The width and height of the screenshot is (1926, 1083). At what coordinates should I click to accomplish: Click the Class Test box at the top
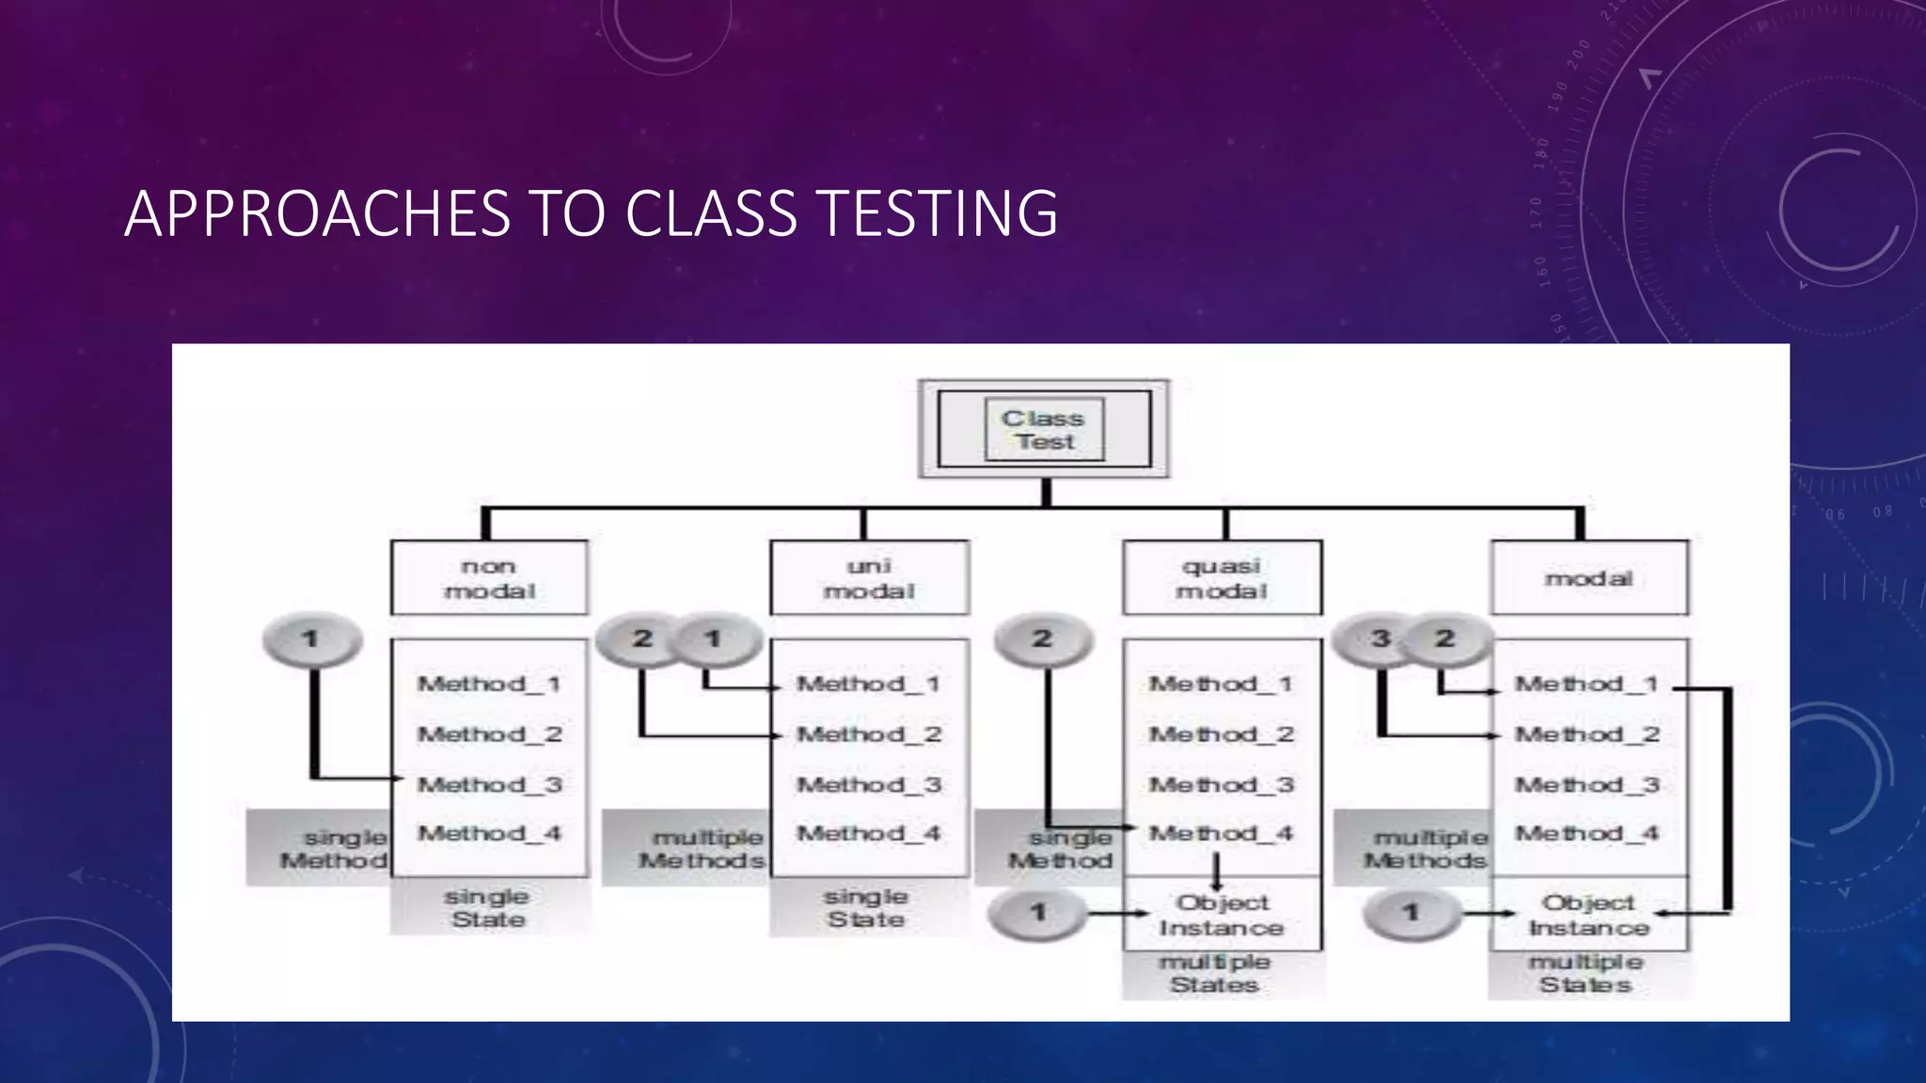pos(1044,430)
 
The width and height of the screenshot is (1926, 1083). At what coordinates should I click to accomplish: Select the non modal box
pos(489,578)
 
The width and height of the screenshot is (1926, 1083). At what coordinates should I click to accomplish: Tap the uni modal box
pos(869,578)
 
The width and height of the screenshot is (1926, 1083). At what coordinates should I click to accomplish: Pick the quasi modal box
pos(1222,578)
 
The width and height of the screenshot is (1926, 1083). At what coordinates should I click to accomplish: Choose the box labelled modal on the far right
pos(1589,578)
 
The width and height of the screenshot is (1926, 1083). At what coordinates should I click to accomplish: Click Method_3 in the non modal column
pos(490,784)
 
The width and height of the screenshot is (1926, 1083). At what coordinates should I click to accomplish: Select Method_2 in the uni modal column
pos(869,734)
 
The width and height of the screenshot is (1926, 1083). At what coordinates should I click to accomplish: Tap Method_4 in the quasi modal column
pos(1222,833)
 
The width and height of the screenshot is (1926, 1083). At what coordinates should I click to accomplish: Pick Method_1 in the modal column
pos(1587,684)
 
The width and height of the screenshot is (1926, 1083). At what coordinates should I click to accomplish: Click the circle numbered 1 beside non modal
pos(311,640)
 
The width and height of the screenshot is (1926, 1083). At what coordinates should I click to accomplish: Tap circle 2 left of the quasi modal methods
pos(1043,640)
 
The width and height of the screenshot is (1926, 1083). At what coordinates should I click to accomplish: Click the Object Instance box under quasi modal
pos(1222,915)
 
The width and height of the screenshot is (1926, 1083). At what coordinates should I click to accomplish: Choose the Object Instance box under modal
pos(1589,915)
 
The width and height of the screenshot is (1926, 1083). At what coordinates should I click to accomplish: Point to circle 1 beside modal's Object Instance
pos(1411,913)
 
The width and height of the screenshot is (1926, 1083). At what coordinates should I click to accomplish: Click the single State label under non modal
pos(488,908)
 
